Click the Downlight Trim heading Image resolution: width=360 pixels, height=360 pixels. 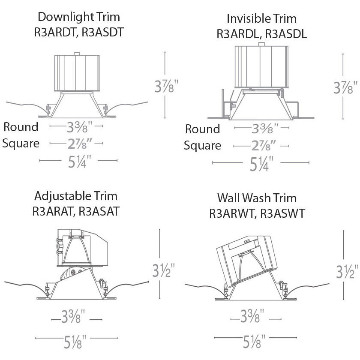pos(78,17)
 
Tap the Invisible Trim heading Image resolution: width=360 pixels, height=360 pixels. pos(261,19)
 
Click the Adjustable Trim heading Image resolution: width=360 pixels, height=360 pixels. pos(75,196)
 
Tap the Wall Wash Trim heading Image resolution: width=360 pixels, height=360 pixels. pos(257,198)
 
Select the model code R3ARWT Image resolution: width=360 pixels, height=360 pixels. pos(232,213)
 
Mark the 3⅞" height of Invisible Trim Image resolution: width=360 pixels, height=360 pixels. pos(345,89)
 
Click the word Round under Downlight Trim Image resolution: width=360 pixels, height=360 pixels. pos(21,127)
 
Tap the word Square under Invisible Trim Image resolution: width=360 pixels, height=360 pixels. pos(203,146)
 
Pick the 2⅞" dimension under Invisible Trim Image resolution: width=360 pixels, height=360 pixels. pos(261,146)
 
